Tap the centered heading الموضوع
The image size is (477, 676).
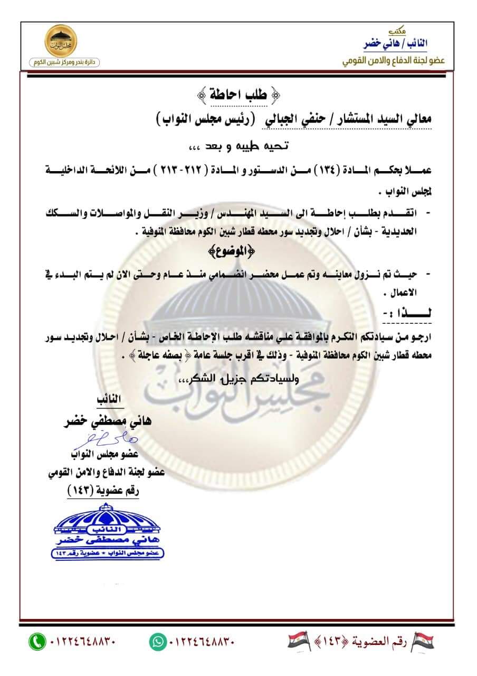click(238, 250)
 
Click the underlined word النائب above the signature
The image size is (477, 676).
click(109, 400)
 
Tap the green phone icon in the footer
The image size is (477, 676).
click(36, 642)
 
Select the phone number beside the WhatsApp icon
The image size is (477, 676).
click(202, 642)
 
